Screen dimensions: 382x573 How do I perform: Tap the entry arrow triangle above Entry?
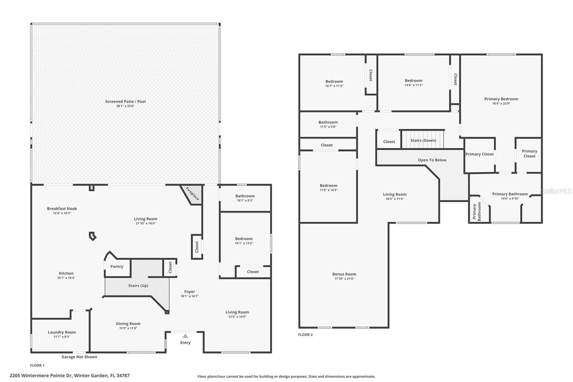point(185,336)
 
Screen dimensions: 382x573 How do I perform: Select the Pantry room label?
point(117,266)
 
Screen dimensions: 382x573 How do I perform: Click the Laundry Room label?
point(62,332)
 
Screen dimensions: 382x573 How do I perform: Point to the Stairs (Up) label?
point(138,286)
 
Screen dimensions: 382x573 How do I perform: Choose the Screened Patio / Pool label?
point(125,101)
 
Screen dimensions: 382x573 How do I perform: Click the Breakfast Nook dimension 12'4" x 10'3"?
point(62,213)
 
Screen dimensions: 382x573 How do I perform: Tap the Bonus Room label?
point(344,274)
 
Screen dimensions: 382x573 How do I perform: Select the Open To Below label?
point(432,160)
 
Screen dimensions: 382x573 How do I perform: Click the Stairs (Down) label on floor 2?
point(423,140)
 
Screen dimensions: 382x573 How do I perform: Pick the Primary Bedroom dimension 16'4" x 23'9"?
point(501,104)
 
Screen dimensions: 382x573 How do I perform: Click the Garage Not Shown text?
point(79,357)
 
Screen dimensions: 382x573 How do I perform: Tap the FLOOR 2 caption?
point(305,335)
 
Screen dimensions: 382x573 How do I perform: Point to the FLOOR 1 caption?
point(37,366)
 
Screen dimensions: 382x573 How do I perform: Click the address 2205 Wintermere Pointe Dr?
point(69,376)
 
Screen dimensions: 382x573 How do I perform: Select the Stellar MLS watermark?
point(556,191)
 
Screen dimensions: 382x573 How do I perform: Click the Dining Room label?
point(128,324)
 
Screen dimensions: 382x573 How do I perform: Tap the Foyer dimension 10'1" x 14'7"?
point(189,296)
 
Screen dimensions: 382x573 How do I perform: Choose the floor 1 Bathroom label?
point(245,196)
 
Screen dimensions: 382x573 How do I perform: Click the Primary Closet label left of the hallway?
point(479,154)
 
